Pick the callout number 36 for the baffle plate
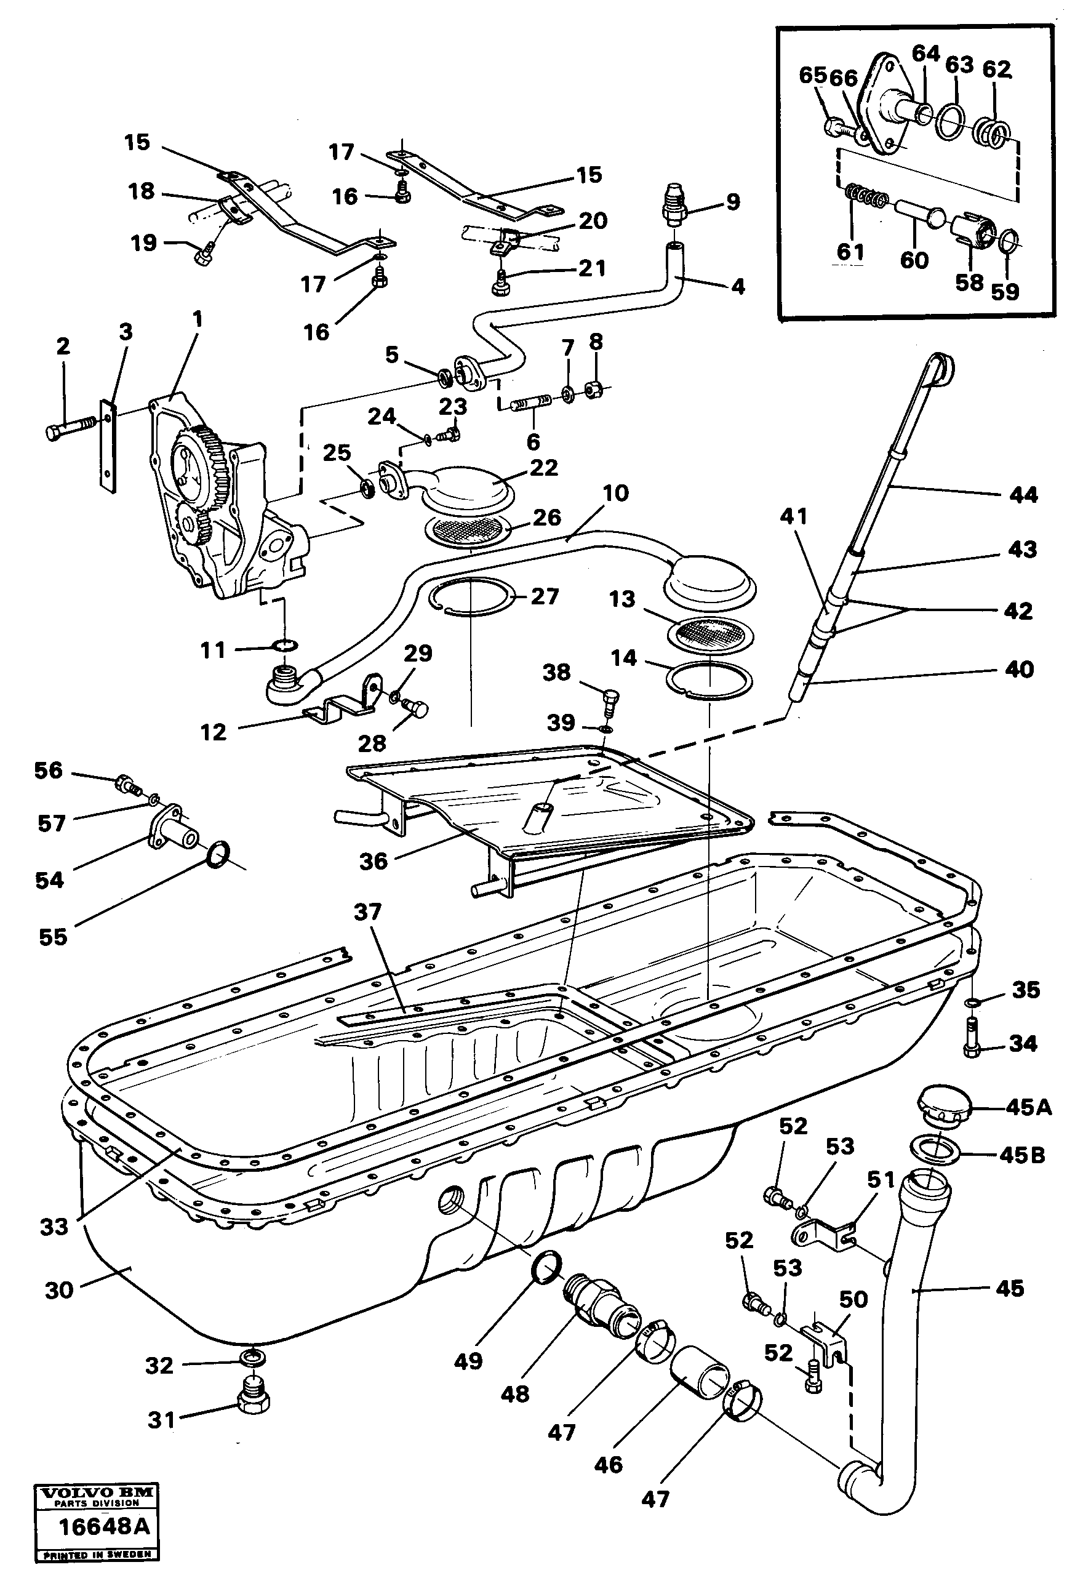coord(373,862)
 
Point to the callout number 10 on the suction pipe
coord(615,493)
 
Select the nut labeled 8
coord(594,391)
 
